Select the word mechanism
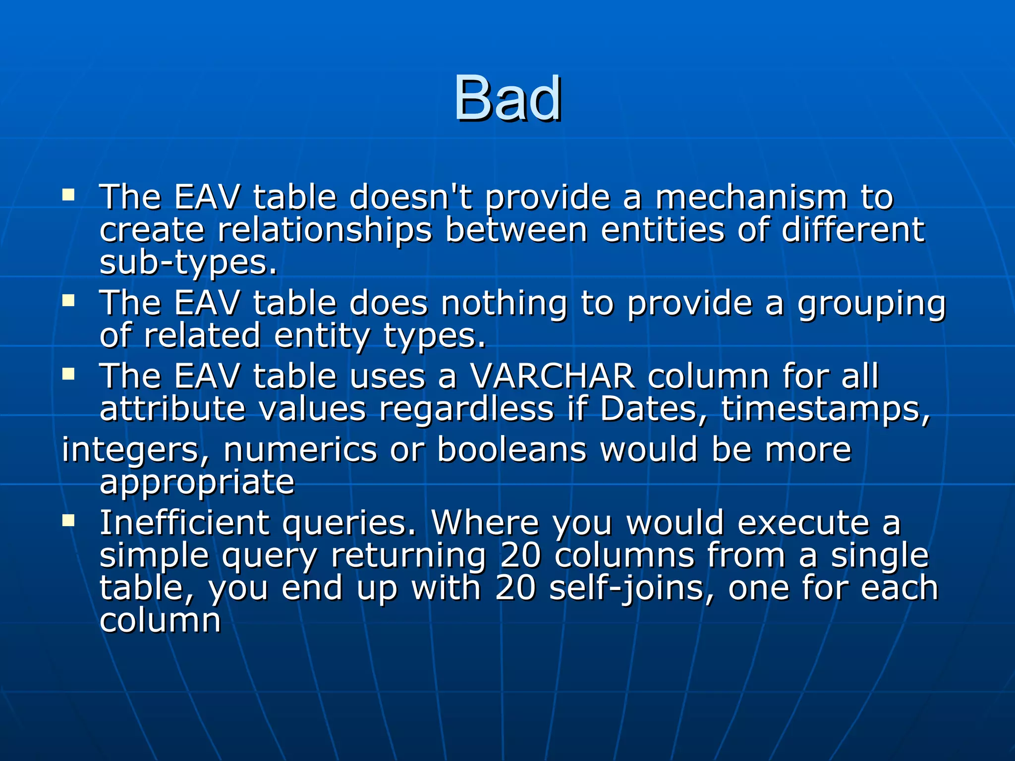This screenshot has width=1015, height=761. click(751, 197)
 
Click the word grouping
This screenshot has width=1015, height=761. click(871, 304)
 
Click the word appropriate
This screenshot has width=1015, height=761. click(197, 483)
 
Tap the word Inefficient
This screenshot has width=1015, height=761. click(184, 523)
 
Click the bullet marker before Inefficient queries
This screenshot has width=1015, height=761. click(68, 520)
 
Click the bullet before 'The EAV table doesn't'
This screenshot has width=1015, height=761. click(68, 194)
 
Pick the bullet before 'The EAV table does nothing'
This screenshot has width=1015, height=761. click(68, 300)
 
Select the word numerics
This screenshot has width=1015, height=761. click(300, 450)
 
